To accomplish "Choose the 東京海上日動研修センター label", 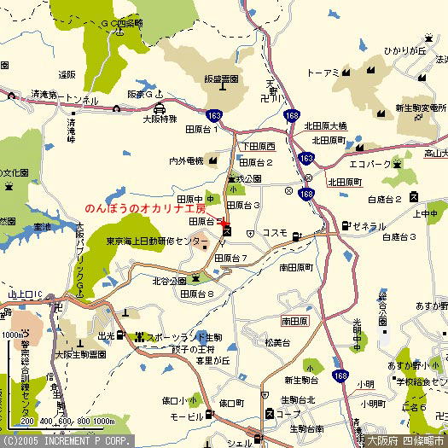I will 156,241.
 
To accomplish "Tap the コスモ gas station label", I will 274,232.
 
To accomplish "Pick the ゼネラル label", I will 369,226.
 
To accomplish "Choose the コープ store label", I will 293,413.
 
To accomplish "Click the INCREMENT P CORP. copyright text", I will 67,441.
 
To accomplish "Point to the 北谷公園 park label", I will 169,280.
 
